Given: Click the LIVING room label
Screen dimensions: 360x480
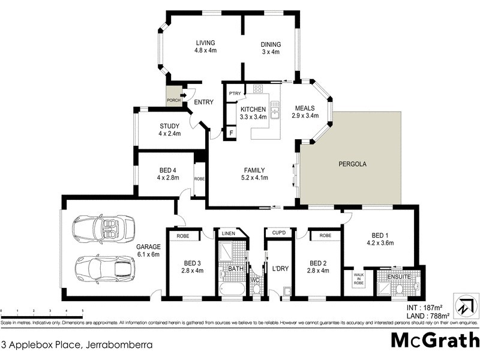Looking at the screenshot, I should [x=205, y=43].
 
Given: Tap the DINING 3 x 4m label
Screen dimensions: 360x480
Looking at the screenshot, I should [x=270, y=44].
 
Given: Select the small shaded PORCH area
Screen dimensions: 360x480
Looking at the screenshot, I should [x=173, y=98].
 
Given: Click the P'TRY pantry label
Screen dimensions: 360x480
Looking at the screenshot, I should [x=234, y=93].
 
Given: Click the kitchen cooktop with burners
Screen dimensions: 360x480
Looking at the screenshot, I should [x=258, y=89].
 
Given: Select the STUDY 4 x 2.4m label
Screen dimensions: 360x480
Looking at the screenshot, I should [x=169, y=126].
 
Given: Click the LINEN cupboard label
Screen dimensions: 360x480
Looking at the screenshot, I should [x=228, y=233].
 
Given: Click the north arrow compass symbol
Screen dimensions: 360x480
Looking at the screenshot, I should [x=464, y=305].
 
